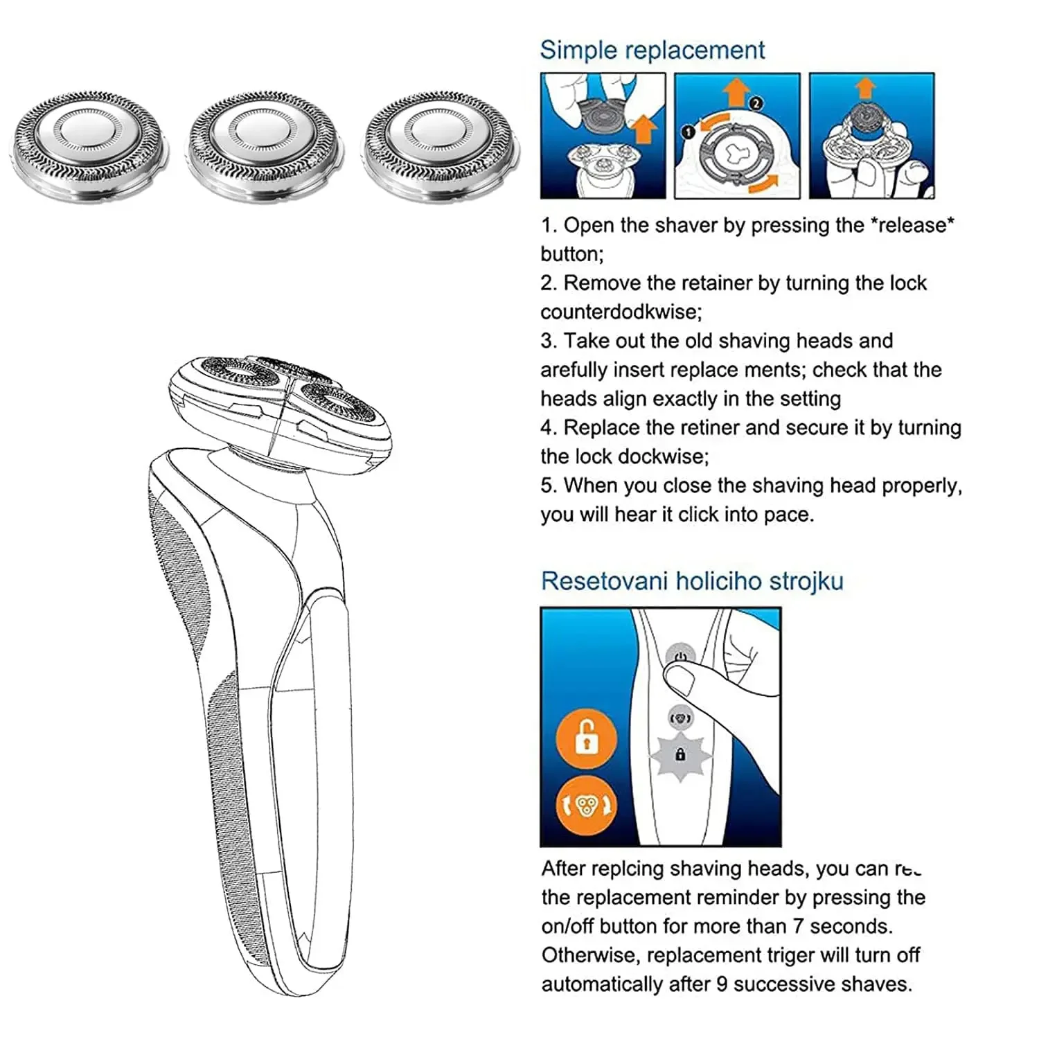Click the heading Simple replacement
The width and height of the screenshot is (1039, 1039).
click(652, 50)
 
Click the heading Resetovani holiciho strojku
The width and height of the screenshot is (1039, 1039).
click(692, 580)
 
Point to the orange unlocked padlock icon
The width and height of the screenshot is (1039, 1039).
click(586, 738)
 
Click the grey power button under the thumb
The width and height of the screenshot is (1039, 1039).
click(680, 657)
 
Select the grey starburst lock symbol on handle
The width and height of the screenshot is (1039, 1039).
click(680, 756)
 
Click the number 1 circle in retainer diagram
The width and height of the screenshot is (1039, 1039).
click(689, 132)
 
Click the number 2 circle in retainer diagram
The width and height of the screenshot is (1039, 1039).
click(756, 103)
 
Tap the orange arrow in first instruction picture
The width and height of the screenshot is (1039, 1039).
click(644, 130)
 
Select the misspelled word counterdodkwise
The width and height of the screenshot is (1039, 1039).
click(621, 312)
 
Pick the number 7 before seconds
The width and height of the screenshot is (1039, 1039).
click(798, 926)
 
